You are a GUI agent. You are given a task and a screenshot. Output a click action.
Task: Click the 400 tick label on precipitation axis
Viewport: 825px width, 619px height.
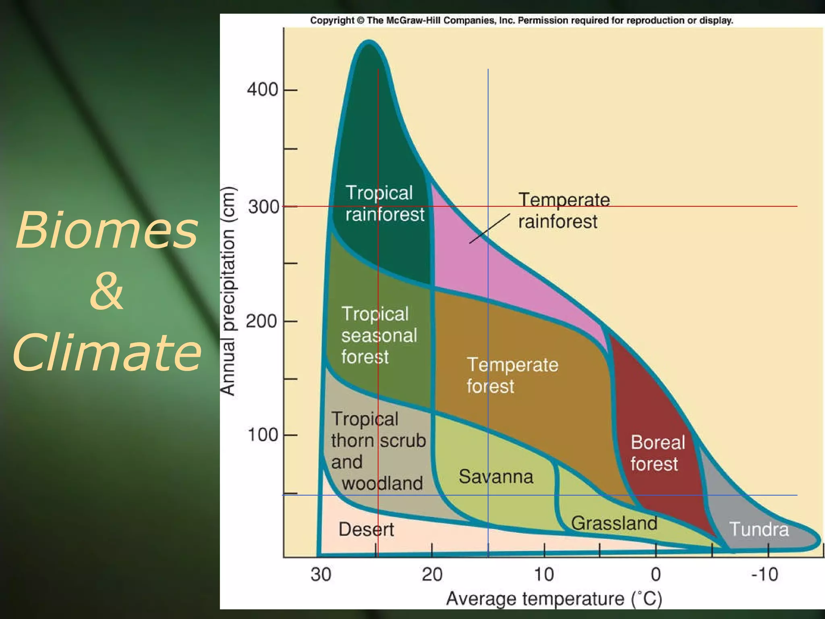[262, 89]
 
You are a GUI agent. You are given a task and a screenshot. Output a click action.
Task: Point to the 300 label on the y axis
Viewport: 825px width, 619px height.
[263, 207]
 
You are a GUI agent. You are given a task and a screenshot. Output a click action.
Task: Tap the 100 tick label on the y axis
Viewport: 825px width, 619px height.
[262, 435]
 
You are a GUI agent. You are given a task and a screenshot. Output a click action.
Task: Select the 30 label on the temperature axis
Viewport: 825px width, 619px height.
[321, 574]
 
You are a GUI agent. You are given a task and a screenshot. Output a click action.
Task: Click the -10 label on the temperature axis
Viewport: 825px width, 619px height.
[765, 574]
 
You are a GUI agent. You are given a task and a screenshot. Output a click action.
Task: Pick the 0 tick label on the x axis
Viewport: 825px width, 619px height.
[656, 574]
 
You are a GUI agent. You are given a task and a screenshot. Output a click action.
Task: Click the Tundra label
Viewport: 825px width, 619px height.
[759, 529]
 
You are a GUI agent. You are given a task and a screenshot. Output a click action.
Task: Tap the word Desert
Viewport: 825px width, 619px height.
[366, 529]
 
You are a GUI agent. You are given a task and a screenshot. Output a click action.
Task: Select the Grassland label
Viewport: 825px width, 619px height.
[614, 523]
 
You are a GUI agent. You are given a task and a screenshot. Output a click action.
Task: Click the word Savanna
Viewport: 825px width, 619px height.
[496, 476]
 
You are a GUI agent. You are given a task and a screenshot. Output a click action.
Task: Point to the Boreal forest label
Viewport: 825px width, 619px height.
[657, 453]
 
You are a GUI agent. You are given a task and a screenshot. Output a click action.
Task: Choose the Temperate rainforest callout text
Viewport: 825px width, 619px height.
[563, 210]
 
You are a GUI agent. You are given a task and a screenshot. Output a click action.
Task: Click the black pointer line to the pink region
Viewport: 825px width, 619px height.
[489, 228]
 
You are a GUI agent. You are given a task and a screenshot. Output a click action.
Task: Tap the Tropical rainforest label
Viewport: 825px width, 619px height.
[385, 204]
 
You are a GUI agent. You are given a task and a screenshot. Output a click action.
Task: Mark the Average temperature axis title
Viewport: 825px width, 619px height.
[554, 598]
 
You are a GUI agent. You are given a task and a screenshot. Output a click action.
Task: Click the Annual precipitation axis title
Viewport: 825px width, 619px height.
[228, 291]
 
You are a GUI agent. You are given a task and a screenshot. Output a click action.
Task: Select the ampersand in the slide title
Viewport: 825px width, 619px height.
[106, 291]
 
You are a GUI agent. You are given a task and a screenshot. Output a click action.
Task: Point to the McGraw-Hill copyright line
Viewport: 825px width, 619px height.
[521, 21]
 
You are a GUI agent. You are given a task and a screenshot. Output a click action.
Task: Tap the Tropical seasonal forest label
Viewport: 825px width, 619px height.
[379, 335]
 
